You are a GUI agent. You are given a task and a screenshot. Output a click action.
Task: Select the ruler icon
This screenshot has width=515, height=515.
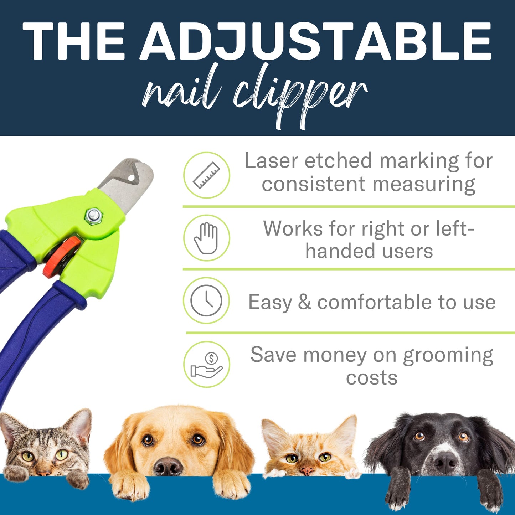coord(207,175)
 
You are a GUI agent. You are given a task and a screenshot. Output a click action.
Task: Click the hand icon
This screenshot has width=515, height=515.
coord(206,238)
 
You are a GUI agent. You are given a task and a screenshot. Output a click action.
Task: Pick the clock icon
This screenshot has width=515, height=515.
coord(206,300)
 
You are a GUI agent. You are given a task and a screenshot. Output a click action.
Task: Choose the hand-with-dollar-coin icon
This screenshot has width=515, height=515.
coord(207,364)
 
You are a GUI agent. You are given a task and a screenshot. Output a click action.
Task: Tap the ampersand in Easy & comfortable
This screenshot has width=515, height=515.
coord(304,302)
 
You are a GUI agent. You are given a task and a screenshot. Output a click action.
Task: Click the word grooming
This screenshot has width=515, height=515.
coord(448,356)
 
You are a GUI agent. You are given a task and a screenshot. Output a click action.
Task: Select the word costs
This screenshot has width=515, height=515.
coord(371,378)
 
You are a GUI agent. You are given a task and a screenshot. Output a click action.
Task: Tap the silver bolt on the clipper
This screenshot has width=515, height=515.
coord(94,215)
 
